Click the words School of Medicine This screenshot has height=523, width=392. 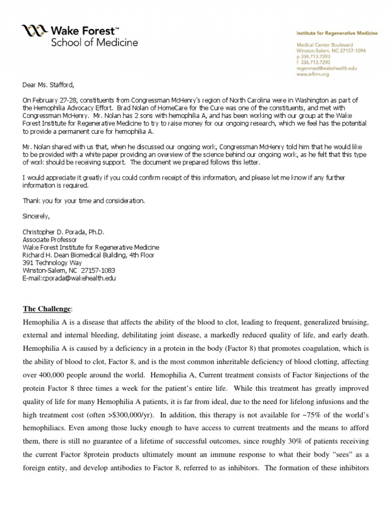94,42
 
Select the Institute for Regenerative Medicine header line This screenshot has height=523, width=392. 337,33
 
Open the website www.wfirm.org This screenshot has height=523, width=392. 313,74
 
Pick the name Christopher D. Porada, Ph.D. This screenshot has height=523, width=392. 64,231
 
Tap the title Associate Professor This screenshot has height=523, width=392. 50,239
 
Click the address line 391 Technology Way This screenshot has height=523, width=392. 53,263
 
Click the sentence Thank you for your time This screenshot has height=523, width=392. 84,201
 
